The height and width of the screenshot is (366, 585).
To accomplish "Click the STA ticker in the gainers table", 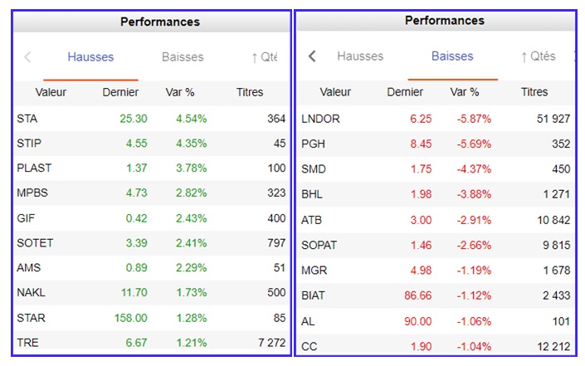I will click(27, 119).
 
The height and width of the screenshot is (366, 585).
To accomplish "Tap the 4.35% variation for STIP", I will click(191, 143).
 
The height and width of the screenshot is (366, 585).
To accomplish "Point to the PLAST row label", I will click(34, 168).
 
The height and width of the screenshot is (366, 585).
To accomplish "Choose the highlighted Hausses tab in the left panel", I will click(90, 57).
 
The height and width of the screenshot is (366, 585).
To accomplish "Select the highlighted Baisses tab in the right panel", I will click(452, 56).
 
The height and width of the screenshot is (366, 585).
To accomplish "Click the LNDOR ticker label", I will click(321, 119).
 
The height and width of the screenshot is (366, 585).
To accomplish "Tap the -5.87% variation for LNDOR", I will click(474, 119).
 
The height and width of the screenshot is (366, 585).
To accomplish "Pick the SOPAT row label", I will click(320, 245).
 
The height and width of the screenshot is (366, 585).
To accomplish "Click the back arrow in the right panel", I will click(312, 56).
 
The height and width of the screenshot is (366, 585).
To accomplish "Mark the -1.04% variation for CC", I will click(474, 345).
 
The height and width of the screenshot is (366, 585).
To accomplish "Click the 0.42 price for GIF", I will click(136, 217).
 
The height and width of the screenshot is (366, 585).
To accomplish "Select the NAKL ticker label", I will click(31, 292).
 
